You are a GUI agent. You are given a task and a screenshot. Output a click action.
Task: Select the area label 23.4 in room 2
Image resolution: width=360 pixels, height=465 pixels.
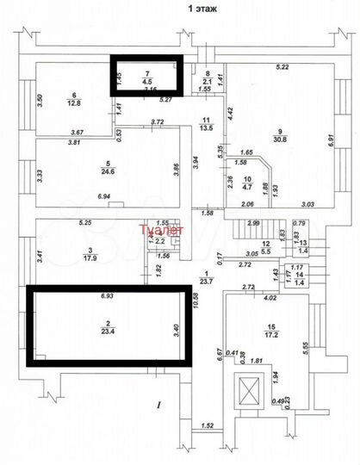point(107,330)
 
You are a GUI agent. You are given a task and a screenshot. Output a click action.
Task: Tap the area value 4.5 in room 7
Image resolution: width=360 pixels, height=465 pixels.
point(147,84)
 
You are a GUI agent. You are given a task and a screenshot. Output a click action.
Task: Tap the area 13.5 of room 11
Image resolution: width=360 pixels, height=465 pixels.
point(206,128)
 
